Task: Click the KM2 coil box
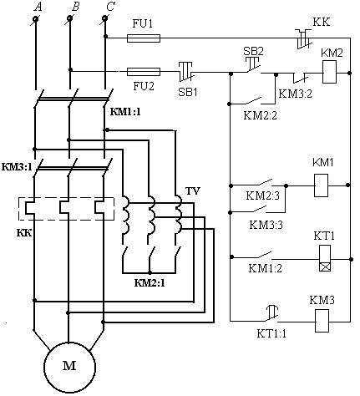329,72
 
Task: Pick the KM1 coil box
321,185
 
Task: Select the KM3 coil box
322,321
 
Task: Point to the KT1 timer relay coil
325,258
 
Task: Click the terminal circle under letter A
36,19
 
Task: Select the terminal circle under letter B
69,18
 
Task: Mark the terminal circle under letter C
104,18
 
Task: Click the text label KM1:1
125,112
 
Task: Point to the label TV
193,191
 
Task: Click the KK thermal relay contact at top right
304,39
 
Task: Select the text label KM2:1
150,283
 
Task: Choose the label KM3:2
296,94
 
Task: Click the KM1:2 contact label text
265,268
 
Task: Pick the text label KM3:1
17,167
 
